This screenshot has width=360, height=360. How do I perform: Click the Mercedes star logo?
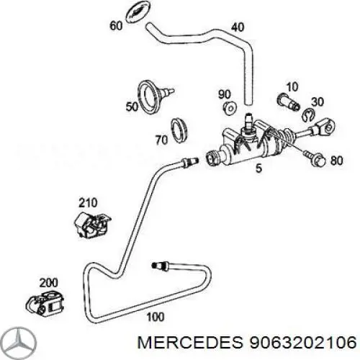[x=20, y=342]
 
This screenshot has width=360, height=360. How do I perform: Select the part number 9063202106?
[x=302, y=342]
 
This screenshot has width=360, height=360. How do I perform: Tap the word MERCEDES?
[x=190, y=342]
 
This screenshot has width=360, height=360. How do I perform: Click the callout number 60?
[x=116, y=25]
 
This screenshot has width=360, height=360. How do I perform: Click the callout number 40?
[x=238, y=27]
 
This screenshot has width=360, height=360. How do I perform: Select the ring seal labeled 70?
[x=179, y=130]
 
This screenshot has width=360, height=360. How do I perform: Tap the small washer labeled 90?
[x=230, y=108]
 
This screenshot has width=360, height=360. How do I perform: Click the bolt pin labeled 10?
[x=288, y=102]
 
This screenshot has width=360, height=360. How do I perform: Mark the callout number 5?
[x=258, y=168]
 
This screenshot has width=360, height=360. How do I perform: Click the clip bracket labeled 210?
[x=92, y=225]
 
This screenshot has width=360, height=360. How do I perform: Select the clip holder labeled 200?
[x=45, y=302]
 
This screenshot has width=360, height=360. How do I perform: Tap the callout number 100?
[x=156, y=317]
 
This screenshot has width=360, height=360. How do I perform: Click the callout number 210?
[x=88, y=203]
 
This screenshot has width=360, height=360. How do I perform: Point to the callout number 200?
[x=49, y=283]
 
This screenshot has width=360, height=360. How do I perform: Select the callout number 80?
[x=337, y=161]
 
